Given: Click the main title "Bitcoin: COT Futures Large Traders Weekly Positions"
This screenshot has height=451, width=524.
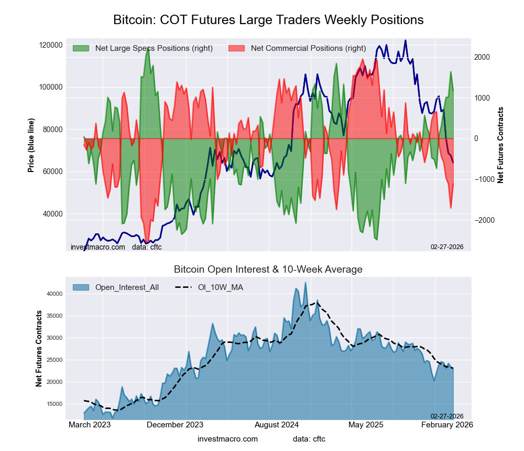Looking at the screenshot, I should [x=268, y=20].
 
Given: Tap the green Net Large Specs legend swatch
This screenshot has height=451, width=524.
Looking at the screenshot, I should [x=81, y=48].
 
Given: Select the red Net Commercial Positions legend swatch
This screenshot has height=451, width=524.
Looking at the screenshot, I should [x=237, y=48].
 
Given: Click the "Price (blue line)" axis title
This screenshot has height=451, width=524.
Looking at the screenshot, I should [x=31, y=144].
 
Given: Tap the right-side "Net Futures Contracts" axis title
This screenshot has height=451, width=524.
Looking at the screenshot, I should [x=501, y=145].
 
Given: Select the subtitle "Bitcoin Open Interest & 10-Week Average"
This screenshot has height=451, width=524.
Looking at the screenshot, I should [x=268, y=270].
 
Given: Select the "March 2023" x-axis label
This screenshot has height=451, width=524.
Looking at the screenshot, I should [x=90, y=425].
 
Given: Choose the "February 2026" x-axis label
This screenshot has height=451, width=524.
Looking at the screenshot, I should [x=447, y=425].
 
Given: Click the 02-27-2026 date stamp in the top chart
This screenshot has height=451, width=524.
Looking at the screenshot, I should [x=447, y=246].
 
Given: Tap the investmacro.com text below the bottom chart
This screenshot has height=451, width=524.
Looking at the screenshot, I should [x=228, y=439].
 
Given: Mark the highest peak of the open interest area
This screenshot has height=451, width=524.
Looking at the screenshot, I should [x=305, y=283].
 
